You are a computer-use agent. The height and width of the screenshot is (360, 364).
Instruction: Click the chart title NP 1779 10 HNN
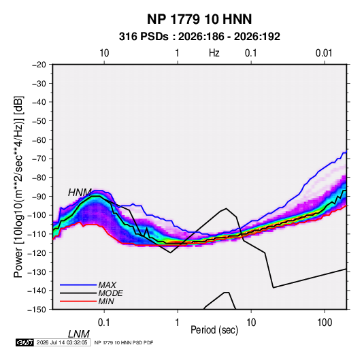[x=199, y=19]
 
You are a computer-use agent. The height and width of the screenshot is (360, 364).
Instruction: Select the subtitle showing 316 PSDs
[x=199, y=37]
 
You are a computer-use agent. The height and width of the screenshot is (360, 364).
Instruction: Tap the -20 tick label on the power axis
[x=39, y=65]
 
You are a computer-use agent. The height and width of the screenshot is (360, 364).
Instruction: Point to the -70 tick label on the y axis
[x=39, y=159]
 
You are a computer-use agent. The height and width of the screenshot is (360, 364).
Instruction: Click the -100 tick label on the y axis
[x=37, y=215]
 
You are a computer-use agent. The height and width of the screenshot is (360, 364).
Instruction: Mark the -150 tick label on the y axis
[x=37, y=310]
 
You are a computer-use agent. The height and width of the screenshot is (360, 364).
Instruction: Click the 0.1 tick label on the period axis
[x=104, y=323]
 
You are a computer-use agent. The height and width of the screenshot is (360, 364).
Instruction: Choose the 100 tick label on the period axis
[x=325, y=323]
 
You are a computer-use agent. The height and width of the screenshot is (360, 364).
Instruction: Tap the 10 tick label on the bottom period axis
[x=251, y=323]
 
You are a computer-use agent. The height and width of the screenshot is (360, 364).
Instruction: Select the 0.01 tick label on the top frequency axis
[x=324, y=53]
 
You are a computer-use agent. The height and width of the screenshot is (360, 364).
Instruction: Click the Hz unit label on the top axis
[x=214, y=53]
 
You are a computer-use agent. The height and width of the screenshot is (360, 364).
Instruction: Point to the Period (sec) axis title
[x=214, y=330]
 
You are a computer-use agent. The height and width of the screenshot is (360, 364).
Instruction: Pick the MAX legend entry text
[x=107, y=285]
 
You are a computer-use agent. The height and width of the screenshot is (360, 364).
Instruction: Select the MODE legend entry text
[x=110, y=293]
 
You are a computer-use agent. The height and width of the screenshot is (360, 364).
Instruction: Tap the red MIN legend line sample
[x=78, y=301]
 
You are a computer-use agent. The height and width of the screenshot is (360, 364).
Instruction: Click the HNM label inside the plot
[x=80, y=193]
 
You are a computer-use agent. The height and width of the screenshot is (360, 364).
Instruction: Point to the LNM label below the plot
[x=79, y=334]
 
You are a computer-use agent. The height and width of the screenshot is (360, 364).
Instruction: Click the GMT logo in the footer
[x=24, y=342]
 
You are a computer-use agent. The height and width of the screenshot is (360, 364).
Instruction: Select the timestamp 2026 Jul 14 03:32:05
[x=62, y=342]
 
